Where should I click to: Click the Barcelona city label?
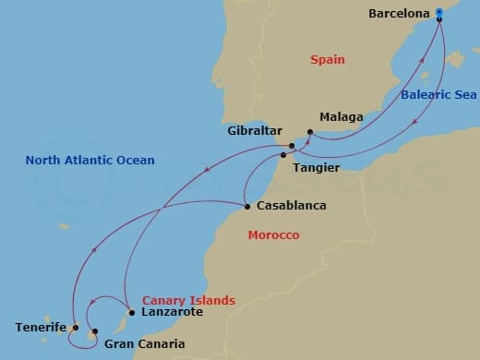pos(399,14)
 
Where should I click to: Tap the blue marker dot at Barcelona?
pos(439,14)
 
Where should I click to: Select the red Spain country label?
pos(327,60)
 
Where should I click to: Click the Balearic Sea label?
pos(439,94)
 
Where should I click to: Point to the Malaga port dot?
pos(310,132)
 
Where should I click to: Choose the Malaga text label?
pos(341,118)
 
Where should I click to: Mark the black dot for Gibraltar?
pos(292,146)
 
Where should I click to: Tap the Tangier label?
pos(316,168)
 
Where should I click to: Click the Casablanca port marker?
pos(246,206)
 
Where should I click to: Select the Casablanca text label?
pos(292,206)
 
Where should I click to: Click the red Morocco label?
pos(273,236)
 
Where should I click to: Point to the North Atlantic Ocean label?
pos(90,161)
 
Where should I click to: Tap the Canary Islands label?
pos(188,301)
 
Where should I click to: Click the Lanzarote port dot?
pos(132,312)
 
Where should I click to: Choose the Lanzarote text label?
pos(172,313)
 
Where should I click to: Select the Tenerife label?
pos(41,328)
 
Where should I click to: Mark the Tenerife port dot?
pos(75,327)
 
